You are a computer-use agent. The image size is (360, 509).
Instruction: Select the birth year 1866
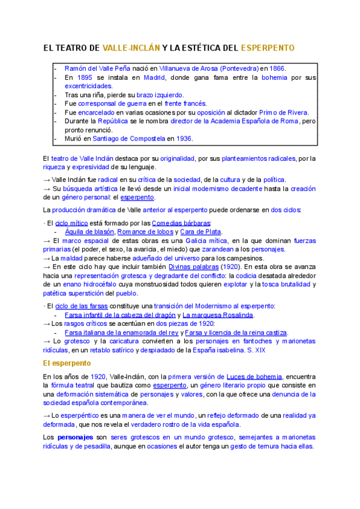277,68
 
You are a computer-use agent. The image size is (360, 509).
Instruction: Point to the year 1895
85,77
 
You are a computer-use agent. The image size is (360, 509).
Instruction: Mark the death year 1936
184,138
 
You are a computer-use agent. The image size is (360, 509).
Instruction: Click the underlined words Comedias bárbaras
177,223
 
